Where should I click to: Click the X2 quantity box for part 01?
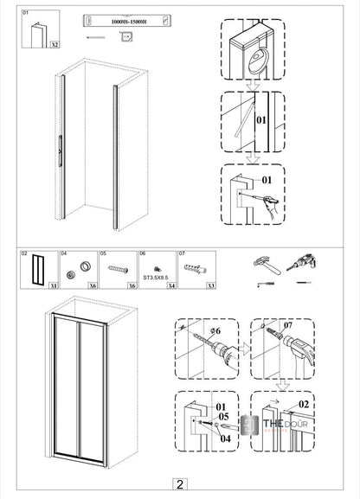(54, 42)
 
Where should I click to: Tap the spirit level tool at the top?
(121, 19)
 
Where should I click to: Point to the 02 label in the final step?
(302, 404)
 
